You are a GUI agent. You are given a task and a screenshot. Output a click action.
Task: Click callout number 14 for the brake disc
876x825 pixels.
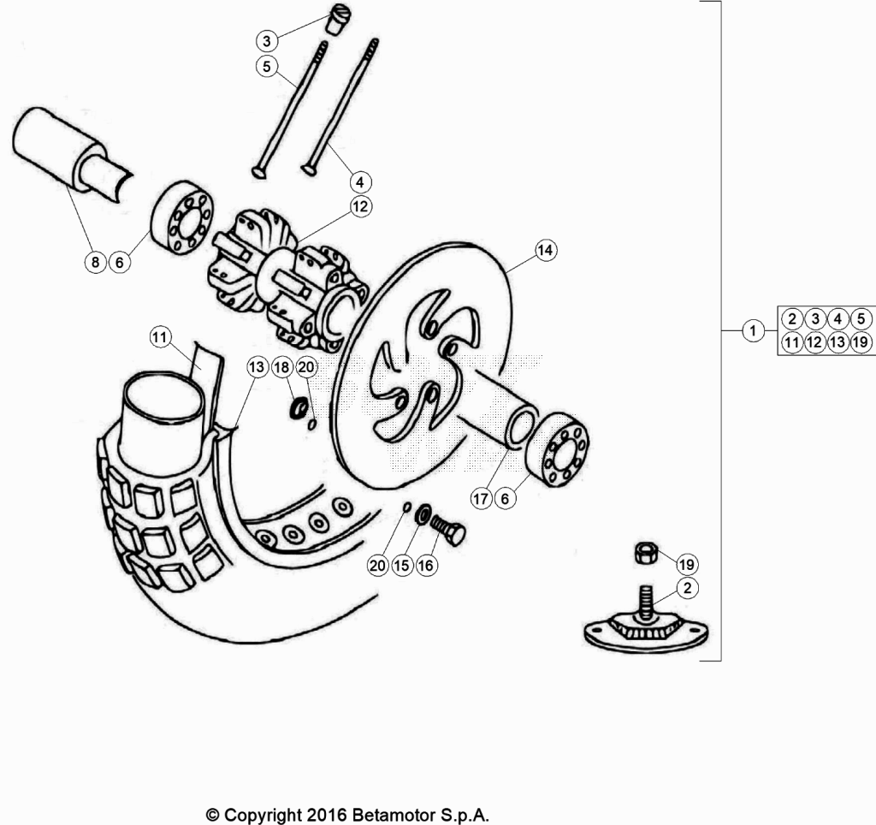545,249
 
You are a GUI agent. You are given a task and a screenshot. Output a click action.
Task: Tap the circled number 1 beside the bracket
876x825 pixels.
753,330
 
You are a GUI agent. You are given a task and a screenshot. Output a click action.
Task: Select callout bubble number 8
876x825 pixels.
96,262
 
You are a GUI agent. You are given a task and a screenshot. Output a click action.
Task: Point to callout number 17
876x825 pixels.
481,498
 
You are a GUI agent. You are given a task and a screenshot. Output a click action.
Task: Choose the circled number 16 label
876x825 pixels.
426,565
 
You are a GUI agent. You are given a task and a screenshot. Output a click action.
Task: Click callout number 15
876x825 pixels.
402,565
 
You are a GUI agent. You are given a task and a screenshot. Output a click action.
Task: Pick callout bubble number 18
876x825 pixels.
282,367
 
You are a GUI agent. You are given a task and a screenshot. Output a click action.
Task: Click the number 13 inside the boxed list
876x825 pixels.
838,341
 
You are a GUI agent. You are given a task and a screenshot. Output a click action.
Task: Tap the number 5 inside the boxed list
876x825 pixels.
861,318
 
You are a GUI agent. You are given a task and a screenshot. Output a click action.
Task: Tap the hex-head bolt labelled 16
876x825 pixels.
447,530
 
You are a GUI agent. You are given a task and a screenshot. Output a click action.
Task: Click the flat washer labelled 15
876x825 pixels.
423,514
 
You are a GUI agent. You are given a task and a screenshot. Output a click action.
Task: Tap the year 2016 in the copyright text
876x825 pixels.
327,815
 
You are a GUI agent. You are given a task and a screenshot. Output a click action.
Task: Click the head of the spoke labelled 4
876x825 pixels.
309,168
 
